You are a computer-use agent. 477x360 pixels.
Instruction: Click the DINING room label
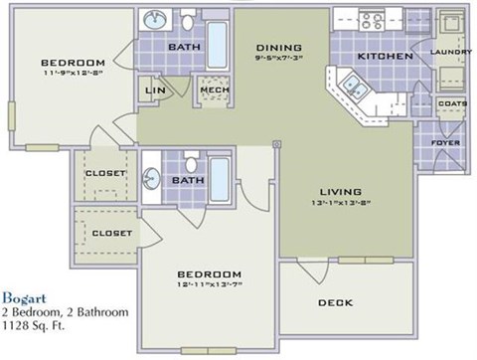[x=273, y=47]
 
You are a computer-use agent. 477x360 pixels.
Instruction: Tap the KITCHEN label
[x=386, y=56]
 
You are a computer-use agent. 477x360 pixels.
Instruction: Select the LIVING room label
[x=339, y=191]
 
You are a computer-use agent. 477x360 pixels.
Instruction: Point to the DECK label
[x=336, y=303]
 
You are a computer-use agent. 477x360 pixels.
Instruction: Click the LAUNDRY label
[x=451, y=51]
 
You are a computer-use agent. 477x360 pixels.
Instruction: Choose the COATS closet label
[x=451, y=103]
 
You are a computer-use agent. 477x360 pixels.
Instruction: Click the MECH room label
[x=216, y=90]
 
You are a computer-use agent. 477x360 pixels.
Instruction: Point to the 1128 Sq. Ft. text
[x=37, y=325]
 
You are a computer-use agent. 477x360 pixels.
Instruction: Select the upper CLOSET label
[x=105, y=173]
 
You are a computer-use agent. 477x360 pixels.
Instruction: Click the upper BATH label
[x=185, y=47]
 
